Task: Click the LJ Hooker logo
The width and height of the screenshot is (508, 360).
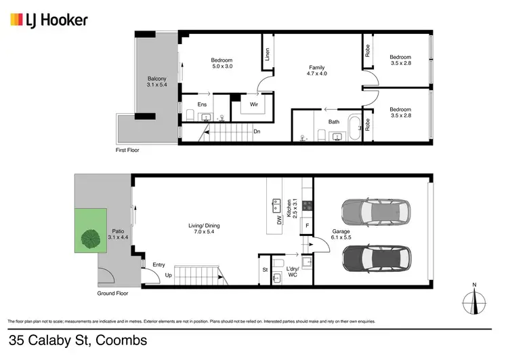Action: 49,20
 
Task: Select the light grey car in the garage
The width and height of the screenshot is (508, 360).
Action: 375,213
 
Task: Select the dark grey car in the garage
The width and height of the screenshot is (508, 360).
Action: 375,258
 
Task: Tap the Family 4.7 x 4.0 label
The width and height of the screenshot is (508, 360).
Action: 316,71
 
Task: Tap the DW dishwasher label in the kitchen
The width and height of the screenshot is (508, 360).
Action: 278,219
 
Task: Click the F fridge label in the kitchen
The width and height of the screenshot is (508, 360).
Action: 307,225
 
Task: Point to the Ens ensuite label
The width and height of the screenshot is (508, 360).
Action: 202,104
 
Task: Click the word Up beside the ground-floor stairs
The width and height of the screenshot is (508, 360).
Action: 168,276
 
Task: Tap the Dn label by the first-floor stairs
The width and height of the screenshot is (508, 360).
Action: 257,132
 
